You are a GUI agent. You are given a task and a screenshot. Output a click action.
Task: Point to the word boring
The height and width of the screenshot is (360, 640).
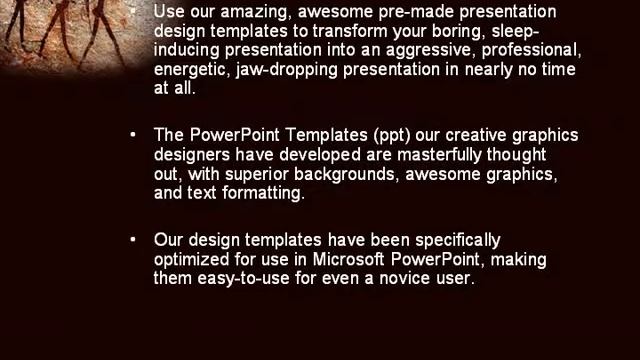pos(468,31)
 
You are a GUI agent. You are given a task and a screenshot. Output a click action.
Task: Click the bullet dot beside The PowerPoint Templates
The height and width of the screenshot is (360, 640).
pos(134,135)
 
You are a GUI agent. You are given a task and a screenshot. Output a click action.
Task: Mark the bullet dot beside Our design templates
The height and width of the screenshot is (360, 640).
pos(134,240)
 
